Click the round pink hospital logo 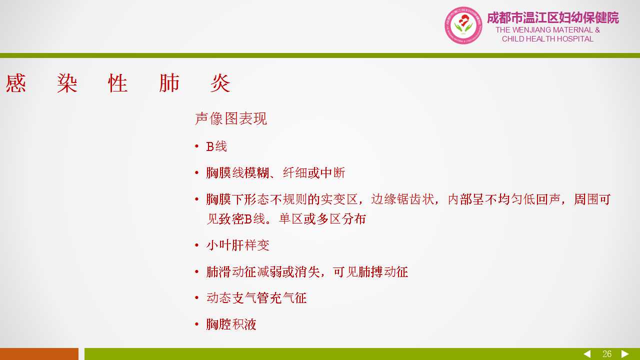click(463, 25)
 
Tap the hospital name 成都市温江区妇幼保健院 click(553, 17)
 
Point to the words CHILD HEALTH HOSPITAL click(547, 39)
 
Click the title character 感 click(15, 83)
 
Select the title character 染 click(67, 83)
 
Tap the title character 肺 click(169, 83)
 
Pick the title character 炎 click(220, 83)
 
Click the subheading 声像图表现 click(231, 118)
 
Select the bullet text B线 click(216, 146)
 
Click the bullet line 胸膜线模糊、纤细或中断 click(275, 173)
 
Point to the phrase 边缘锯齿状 click(402, 199)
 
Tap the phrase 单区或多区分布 click(322, 219)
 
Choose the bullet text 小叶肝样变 click(237, 245)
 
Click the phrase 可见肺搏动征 click(370, 271)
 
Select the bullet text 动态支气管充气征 click(256, 297)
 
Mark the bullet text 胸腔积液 click(231, 324)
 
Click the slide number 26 click(607, 354)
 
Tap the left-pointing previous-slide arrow click(587, 354)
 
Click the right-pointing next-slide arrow click(625, 354)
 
